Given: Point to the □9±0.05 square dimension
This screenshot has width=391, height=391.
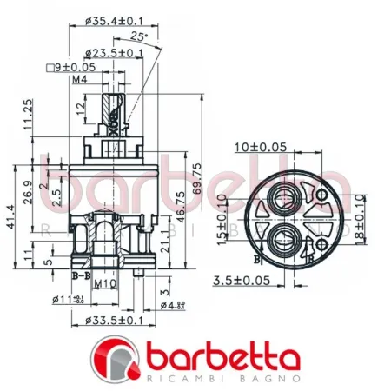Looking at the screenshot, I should pyautogui.click(x=72, y=67).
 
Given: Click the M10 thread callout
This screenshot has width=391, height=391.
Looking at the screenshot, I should pyautogui.click(x=106, y=283).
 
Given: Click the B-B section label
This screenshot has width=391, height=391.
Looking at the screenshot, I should pyautogui.click(x=80, y=275).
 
